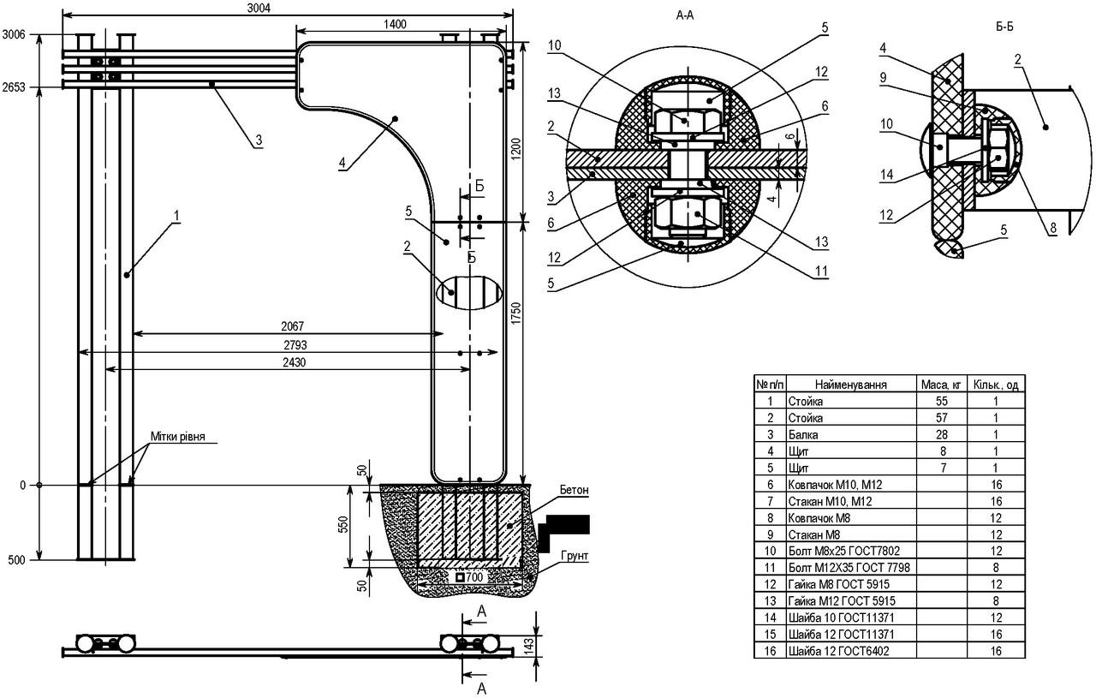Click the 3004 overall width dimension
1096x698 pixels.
pos(259,9)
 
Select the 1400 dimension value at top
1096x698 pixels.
pos(395,25)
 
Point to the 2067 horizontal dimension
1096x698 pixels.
pos(293,326)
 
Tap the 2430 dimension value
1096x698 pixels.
pos(294,362)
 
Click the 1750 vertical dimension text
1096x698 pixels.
pos(516,313)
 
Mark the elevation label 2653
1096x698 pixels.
pos(14,87)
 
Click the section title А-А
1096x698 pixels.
pos(685,15)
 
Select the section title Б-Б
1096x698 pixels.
pos(1005,27)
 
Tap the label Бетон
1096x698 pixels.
pos(574,490)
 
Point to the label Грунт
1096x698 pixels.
pos(575,556)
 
